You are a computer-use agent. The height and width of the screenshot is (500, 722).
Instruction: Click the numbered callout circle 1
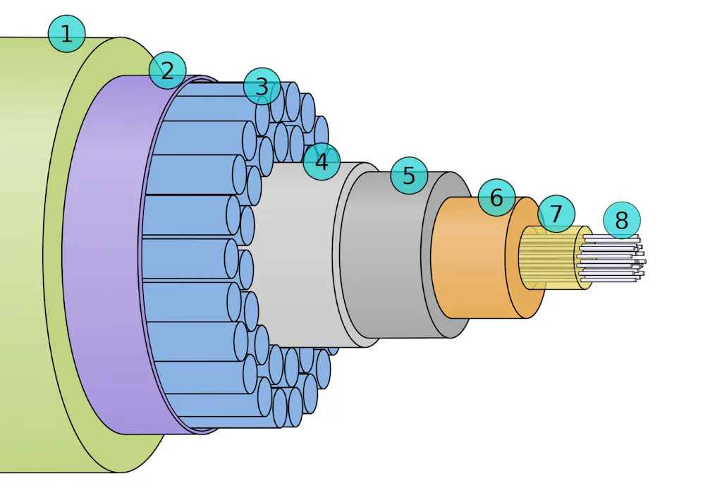pos(67,34)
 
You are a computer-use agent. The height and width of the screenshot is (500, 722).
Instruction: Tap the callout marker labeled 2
pos(168,71)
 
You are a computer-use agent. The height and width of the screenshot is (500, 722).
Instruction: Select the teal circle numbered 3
pos(262,86)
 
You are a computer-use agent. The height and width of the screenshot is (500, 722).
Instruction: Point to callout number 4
pos(322,161)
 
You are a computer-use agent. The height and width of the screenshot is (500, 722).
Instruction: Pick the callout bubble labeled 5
pos(409,175)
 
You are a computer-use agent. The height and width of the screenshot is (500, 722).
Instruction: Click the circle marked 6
pos(496,197)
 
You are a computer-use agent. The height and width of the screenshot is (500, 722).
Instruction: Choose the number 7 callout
pos(556,214)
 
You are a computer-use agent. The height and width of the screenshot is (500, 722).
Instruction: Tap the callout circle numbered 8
pos(622,220)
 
